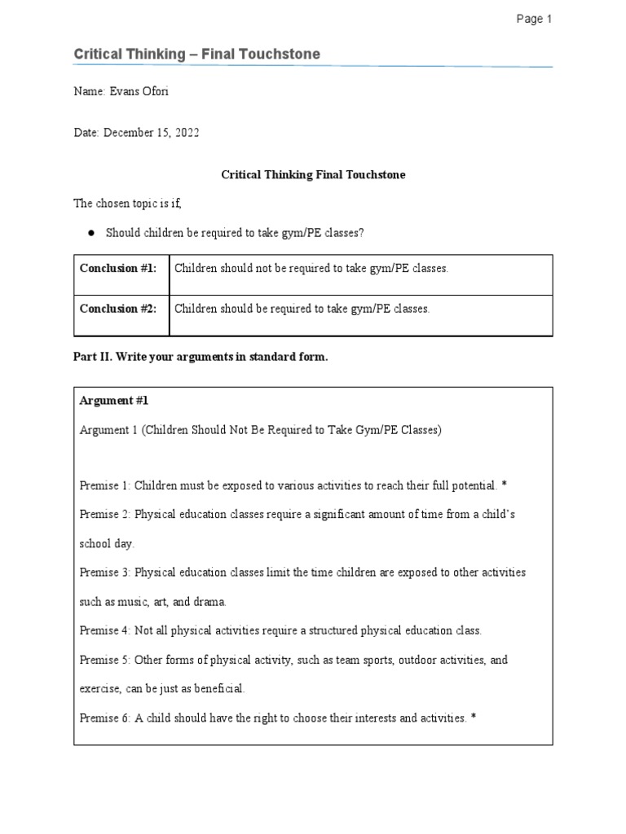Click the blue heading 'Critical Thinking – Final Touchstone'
196,55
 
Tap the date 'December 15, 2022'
152,132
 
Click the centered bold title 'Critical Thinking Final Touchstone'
313,174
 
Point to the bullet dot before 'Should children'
91,233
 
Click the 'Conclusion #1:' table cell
118,269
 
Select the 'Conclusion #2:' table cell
118,309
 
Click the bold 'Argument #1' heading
114,401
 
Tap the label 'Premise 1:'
105,485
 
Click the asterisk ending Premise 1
505,486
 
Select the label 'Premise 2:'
105,515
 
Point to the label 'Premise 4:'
105,630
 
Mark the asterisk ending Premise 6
473,718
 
